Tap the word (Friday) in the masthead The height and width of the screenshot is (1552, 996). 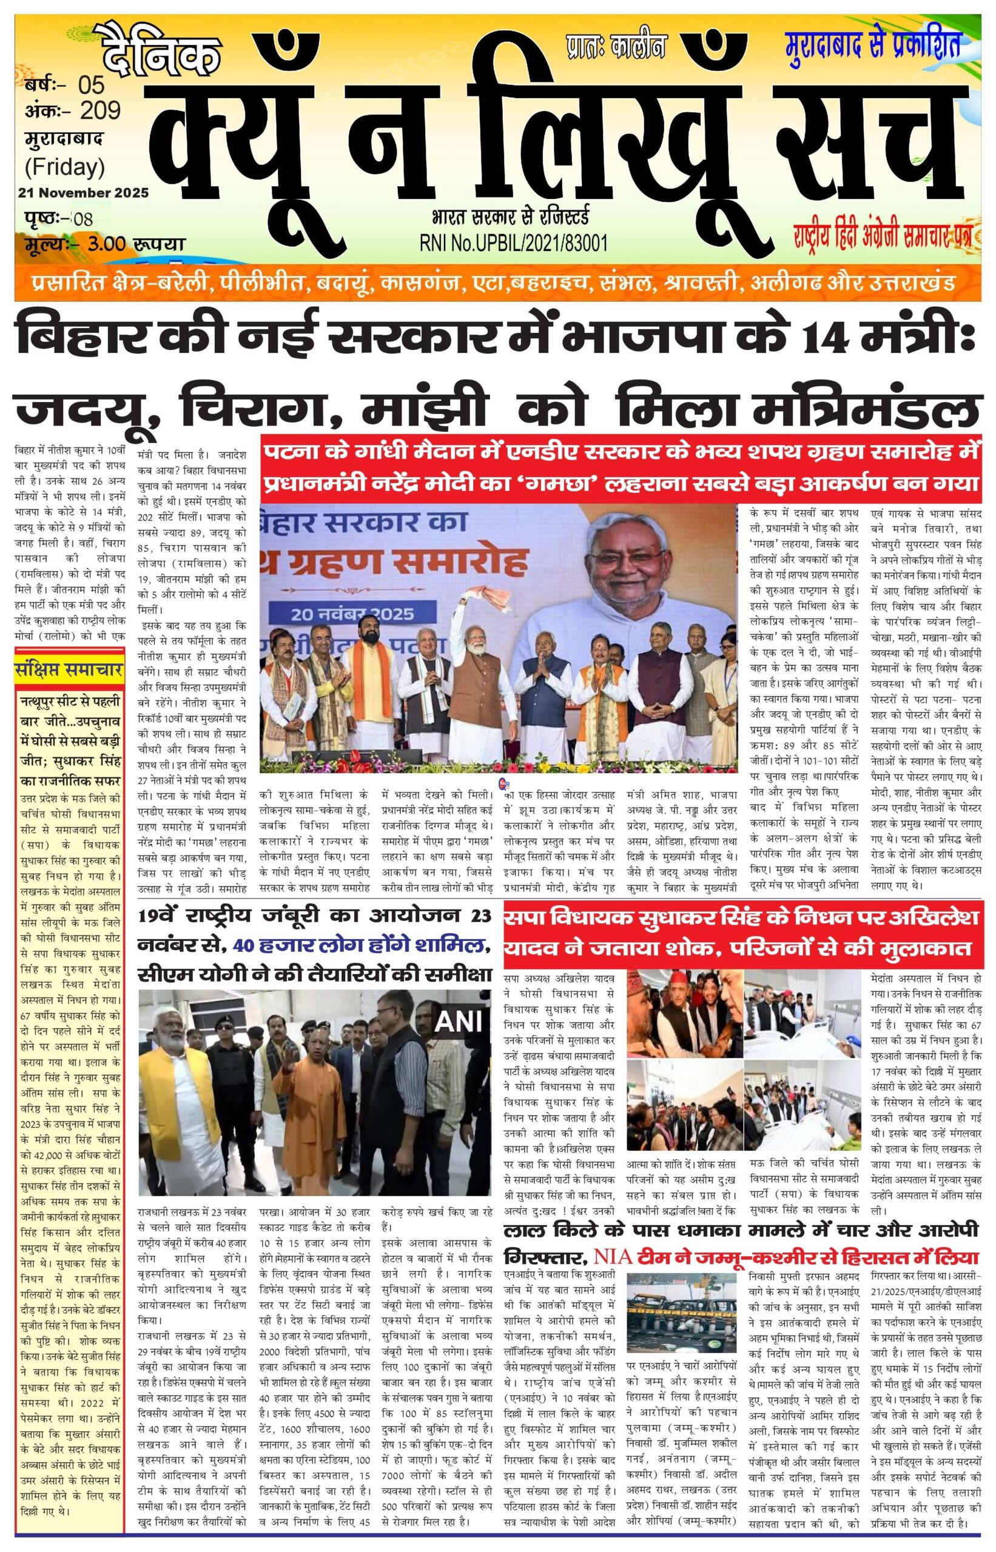[x=65, y=167]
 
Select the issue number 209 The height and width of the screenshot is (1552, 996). [x=100, y=111]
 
